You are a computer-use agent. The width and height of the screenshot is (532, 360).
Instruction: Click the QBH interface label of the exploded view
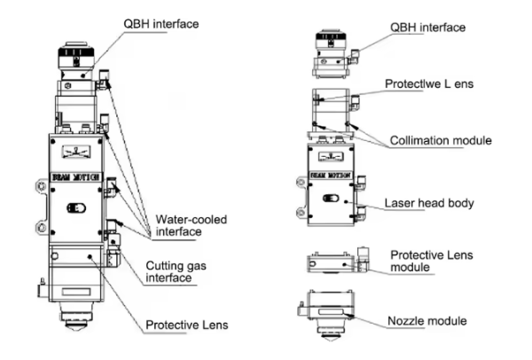(x=428, y=27)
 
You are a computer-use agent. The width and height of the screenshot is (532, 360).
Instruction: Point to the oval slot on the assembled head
(x=76, y=210)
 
